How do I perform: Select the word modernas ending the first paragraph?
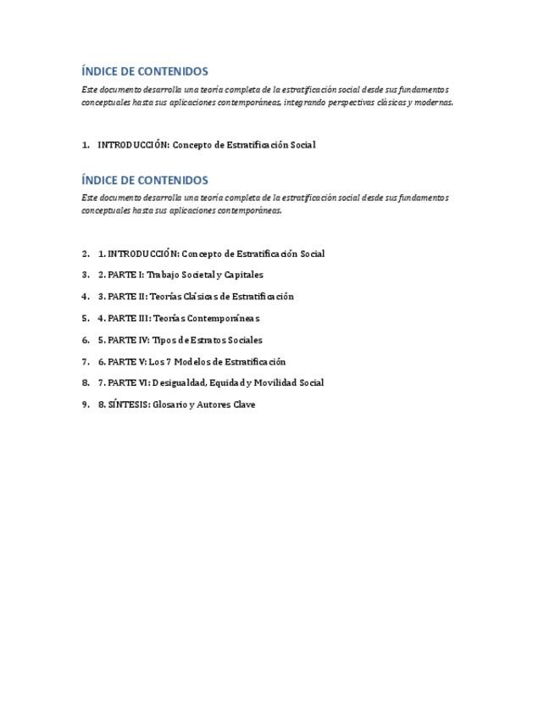[435, 103]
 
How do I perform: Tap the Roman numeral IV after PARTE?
[143, 340]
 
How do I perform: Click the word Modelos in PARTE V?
[196, 361]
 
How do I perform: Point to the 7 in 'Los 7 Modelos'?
[169, 361]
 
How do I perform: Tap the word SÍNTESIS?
[128, 404]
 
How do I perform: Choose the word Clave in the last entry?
[244, 404]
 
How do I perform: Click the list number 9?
[85, 404]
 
